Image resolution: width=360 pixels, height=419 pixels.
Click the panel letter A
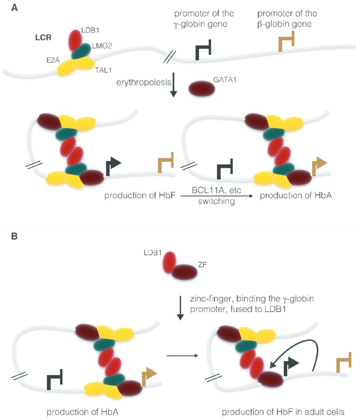14,8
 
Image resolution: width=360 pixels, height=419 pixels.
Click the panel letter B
14,236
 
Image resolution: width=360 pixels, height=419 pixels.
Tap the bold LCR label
43,38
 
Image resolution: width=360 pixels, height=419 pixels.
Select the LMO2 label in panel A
102,46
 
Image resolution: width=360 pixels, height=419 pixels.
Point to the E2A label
53,60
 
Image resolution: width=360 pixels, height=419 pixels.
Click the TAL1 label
103,70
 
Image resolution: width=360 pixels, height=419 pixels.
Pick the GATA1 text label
225,80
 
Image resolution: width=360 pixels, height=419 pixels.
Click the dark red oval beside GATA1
202,88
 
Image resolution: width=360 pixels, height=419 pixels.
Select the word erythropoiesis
144,82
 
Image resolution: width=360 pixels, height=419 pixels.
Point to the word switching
216,201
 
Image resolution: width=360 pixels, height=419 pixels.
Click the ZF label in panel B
202,264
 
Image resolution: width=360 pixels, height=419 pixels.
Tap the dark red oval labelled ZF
185,272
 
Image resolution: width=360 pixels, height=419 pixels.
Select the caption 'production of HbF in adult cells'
283,412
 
